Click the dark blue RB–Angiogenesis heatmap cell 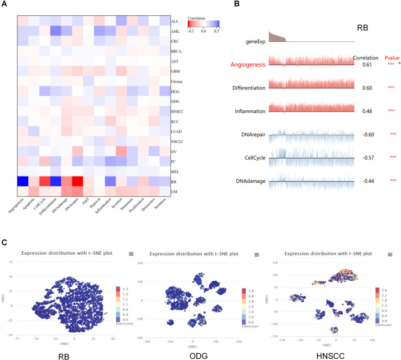(x=23, y=182)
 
